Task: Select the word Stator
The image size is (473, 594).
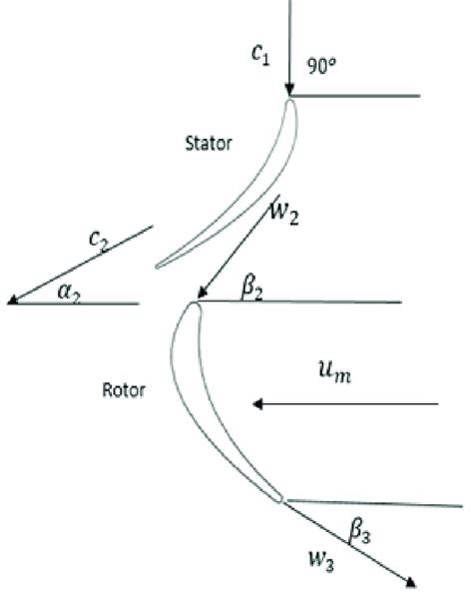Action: (209, 143)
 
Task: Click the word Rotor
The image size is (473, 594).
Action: (124, 389)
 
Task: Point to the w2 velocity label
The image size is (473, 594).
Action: (284, 213)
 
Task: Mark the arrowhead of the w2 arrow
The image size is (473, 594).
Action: (201, 295)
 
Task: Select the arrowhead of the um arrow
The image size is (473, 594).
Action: (257, 404)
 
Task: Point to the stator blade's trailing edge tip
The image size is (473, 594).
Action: (158, 266)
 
